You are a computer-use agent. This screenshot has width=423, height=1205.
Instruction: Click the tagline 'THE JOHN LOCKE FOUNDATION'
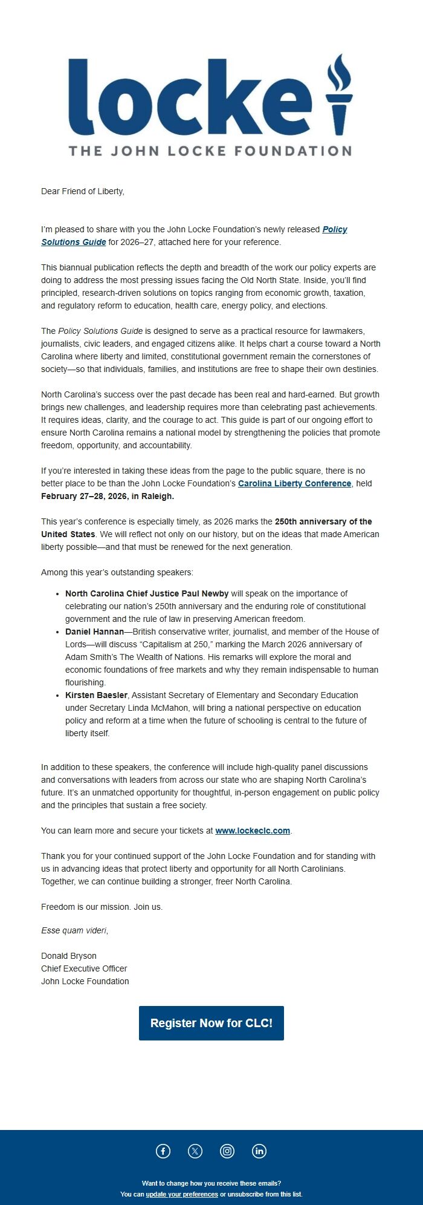[210, 151]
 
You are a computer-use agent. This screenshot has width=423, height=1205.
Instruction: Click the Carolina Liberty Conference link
[294, 483]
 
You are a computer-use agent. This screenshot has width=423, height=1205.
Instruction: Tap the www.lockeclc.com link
[253, 831]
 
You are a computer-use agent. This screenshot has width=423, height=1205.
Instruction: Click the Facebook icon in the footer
[163, 1151]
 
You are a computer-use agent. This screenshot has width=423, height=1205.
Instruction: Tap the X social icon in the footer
[195, 1151]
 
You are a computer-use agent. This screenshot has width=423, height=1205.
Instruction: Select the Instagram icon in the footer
[227, 1151]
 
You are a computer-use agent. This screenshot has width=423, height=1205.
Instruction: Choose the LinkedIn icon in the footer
[259, 1151]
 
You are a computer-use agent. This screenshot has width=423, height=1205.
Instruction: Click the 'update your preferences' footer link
[182, 1194]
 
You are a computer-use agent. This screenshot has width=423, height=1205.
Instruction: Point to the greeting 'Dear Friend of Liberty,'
[83, 191]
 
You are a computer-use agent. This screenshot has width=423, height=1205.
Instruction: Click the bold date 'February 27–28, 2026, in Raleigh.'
[108, 496]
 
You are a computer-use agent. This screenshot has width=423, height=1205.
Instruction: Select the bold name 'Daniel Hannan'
[94, 632]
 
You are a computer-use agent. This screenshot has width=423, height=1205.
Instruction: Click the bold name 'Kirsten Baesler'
[96, 695]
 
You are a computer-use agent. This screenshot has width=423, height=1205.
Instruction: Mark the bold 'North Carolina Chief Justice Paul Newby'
[147, 593]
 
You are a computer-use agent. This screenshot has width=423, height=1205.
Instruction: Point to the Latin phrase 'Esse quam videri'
[74, 930]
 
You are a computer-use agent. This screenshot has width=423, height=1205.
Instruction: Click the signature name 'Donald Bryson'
[69, 956]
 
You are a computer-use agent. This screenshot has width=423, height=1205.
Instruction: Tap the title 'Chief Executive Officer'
[84, 968]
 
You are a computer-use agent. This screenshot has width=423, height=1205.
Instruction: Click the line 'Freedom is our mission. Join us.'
[102, 907]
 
